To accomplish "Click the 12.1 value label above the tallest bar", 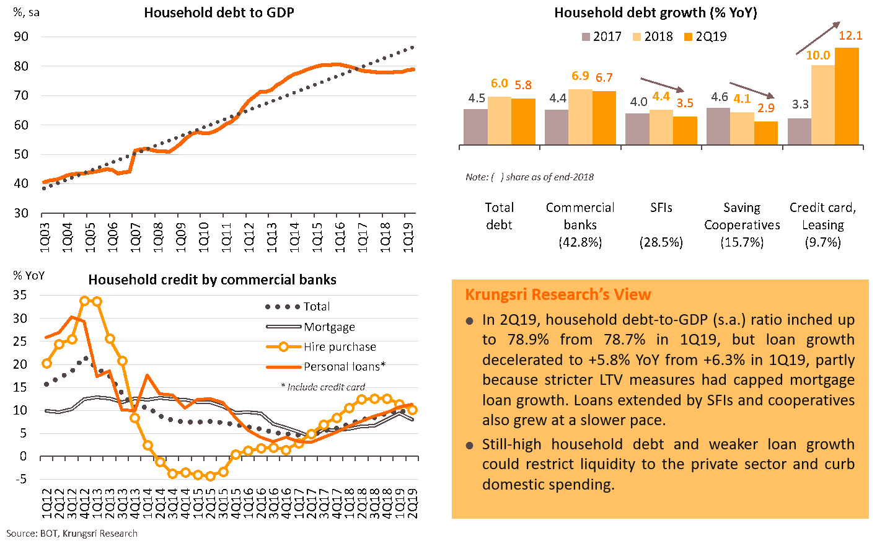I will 850,36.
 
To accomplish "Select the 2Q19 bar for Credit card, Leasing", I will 847,96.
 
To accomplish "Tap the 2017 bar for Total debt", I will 475,127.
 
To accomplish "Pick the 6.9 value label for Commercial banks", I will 580,76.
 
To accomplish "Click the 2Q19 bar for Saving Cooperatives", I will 766,133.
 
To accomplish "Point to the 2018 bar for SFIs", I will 661,127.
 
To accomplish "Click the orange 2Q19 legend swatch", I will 687,37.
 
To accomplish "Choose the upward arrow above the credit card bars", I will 818,38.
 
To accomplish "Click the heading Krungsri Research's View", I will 558,294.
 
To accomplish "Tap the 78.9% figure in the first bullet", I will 514,340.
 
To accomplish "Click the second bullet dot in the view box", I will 470,446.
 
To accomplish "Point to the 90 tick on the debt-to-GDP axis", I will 21,37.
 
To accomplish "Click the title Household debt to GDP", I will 219,12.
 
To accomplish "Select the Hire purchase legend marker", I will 283,347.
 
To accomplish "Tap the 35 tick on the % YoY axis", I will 21,295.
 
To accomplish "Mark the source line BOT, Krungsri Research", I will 72,534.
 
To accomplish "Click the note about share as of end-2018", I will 529,177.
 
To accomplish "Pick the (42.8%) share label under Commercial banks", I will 580,242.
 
